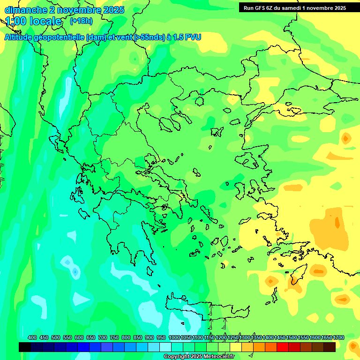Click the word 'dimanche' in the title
24,10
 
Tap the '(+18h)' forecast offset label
81,21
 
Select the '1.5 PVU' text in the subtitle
185,37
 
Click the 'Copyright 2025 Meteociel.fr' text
198,357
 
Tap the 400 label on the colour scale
32,337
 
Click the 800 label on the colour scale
126,337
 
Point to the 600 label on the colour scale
79,337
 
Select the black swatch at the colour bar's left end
25,347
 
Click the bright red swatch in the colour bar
283,347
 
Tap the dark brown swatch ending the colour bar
330,347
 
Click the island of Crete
206,307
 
